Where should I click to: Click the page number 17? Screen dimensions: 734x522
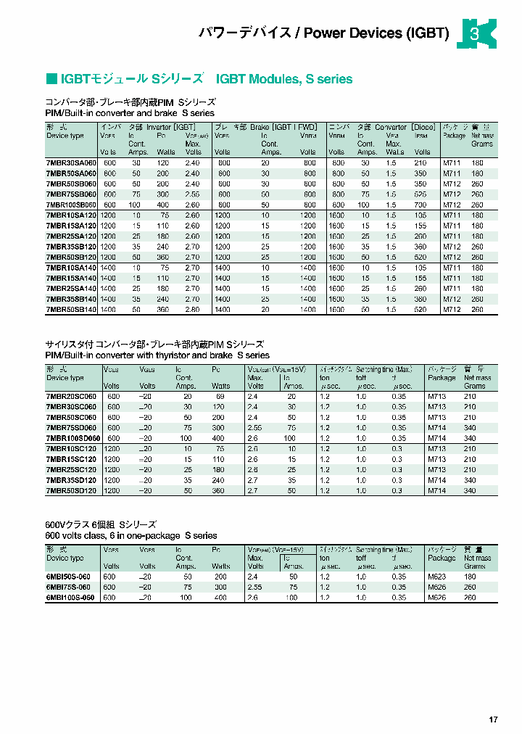tap(493, 719)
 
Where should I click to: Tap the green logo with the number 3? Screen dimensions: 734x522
tap(476, 34)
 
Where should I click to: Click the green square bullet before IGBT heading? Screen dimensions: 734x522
tap(51, 79)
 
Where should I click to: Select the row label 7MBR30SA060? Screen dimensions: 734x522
tap(70, 163)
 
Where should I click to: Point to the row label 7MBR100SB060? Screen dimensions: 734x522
tap(71, 205)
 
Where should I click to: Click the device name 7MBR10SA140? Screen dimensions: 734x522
tap(70, 268)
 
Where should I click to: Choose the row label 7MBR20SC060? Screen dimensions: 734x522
tap(70, 397)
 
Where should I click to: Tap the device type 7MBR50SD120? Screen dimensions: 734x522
tap(70, 491)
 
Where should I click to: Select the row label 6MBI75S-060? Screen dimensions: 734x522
tap(68, 587)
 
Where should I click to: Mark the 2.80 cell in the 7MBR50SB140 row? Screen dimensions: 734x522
tap(193, 310)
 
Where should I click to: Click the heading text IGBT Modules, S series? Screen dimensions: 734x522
tap(284, 79)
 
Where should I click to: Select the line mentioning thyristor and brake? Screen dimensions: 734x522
tap(157, 355)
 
